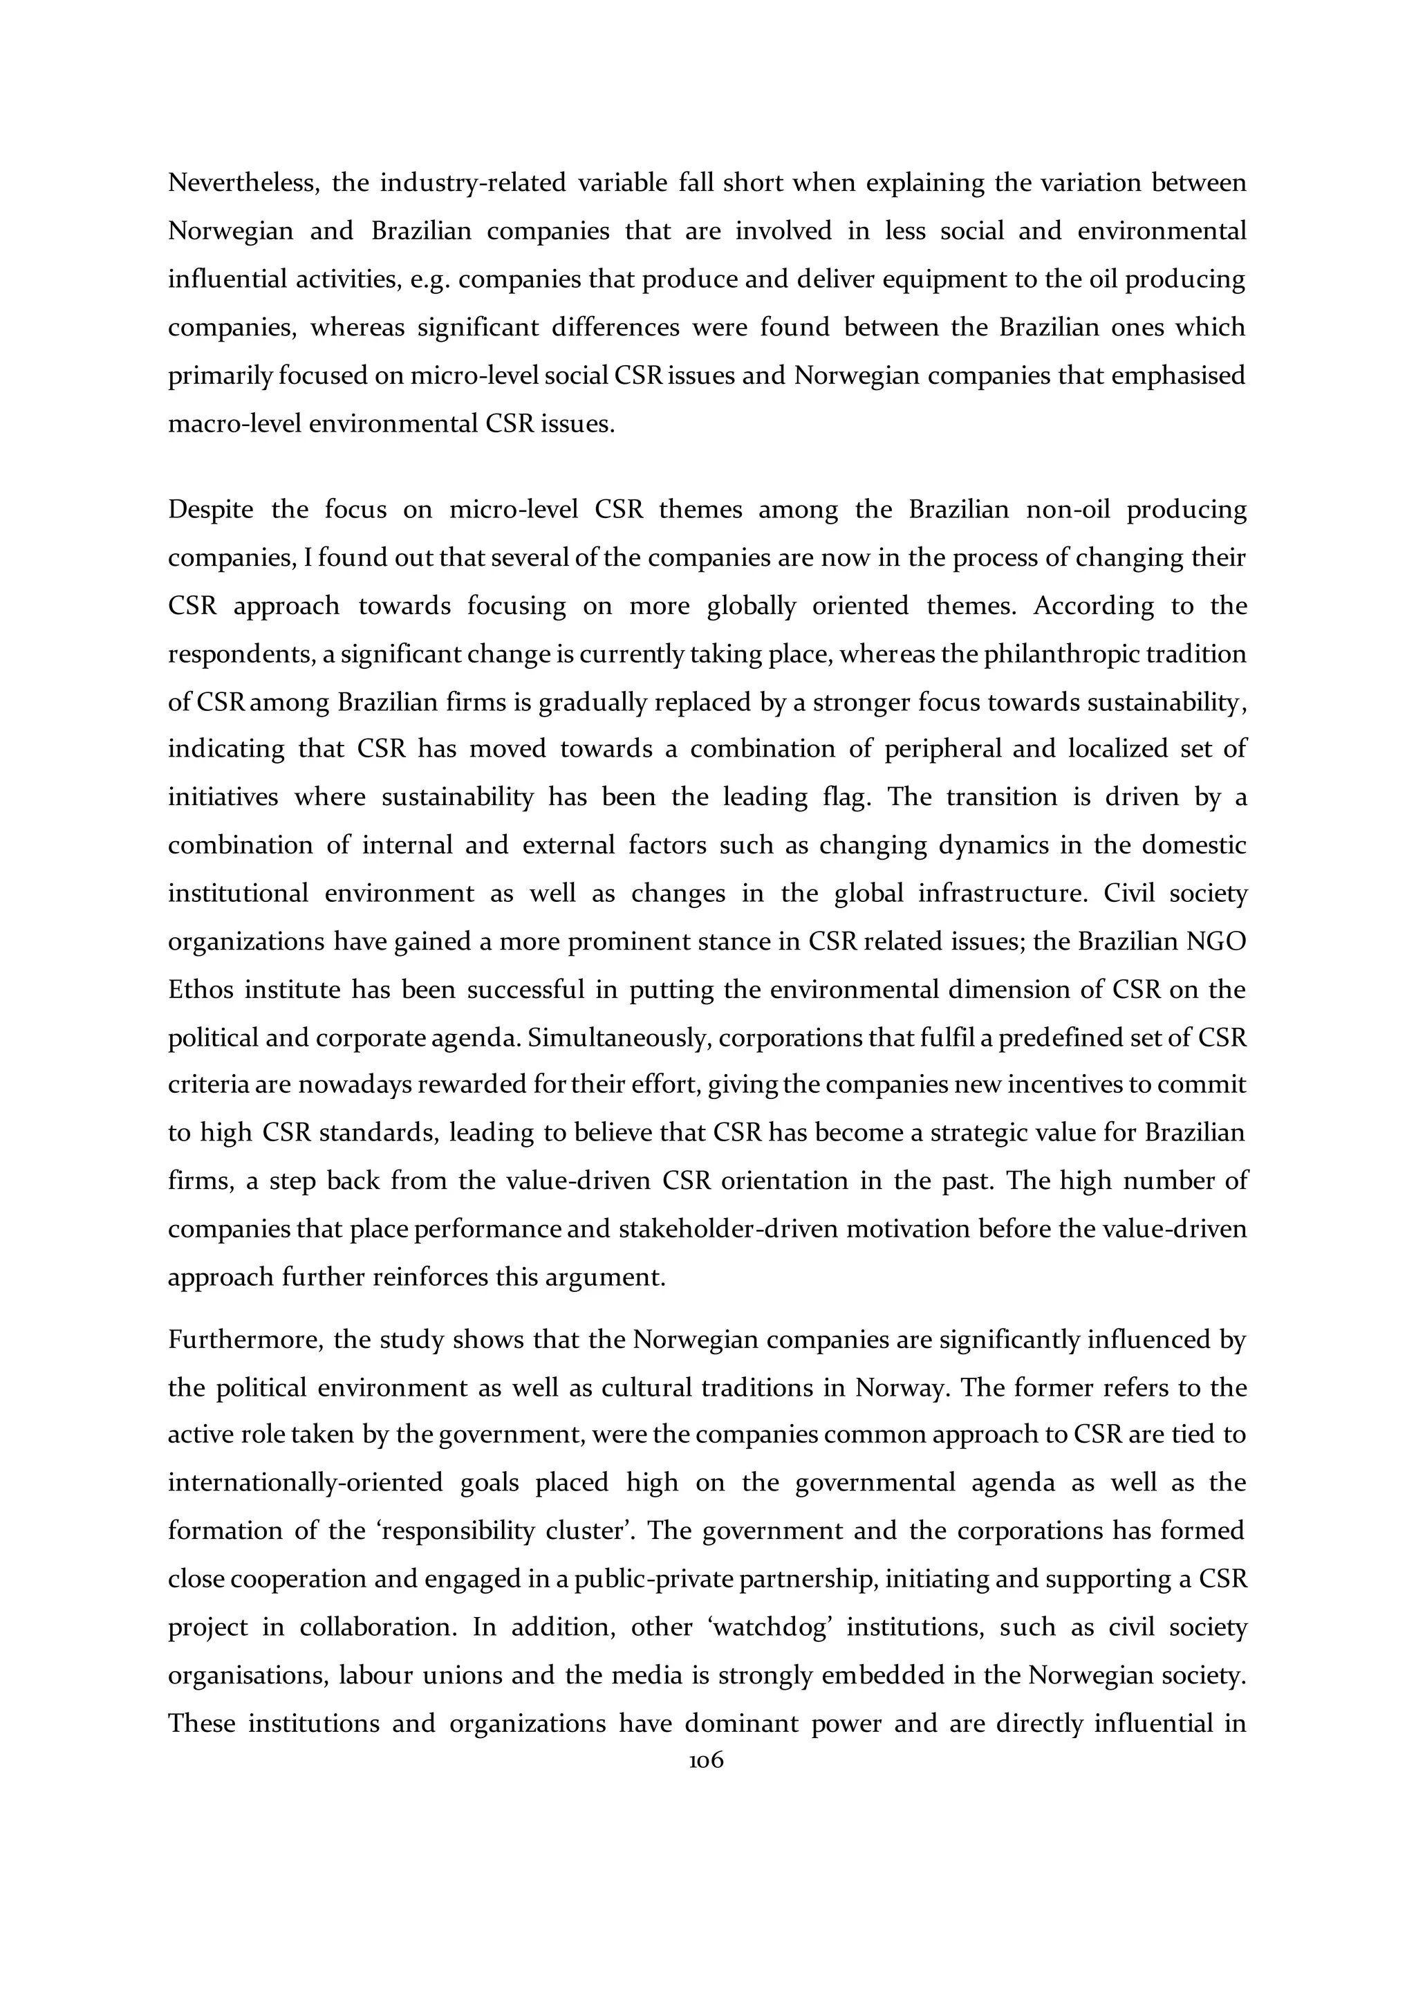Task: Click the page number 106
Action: pos(706,1760)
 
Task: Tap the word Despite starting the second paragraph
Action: pos(210,510)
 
